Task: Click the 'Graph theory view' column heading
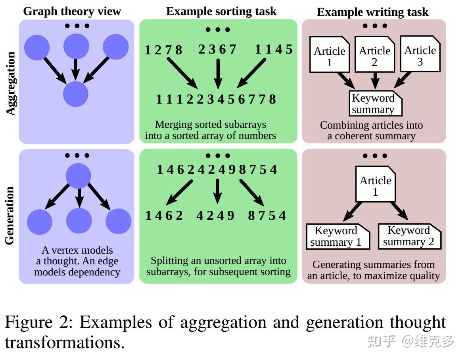click(x=72, y=11)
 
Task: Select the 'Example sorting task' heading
click(x=221, y=11)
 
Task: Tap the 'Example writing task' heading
click(x=372, y=12)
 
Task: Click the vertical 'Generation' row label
click(x=10, y=216)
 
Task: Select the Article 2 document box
click(x=374, y=55)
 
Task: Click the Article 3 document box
click(x=420, y=54)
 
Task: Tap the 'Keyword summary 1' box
click(x=338, y=237)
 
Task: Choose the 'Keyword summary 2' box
click(x=409, y=237)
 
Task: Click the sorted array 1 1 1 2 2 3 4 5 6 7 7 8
click(x=216, y=99)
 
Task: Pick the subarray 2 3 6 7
click(x=217, y=50)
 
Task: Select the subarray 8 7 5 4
click(x=267, y=216)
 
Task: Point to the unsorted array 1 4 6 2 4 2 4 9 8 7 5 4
click(x=217, y=170)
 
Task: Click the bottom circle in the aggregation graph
click(x=75, y=94)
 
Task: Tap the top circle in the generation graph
click(x=78, y=175)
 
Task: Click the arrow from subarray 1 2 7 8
click(x=182, y=73)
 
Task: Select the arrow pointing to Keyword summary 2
click(x=399, y=211)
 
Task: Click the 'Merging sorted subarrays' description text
click(x=210, y=125)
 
